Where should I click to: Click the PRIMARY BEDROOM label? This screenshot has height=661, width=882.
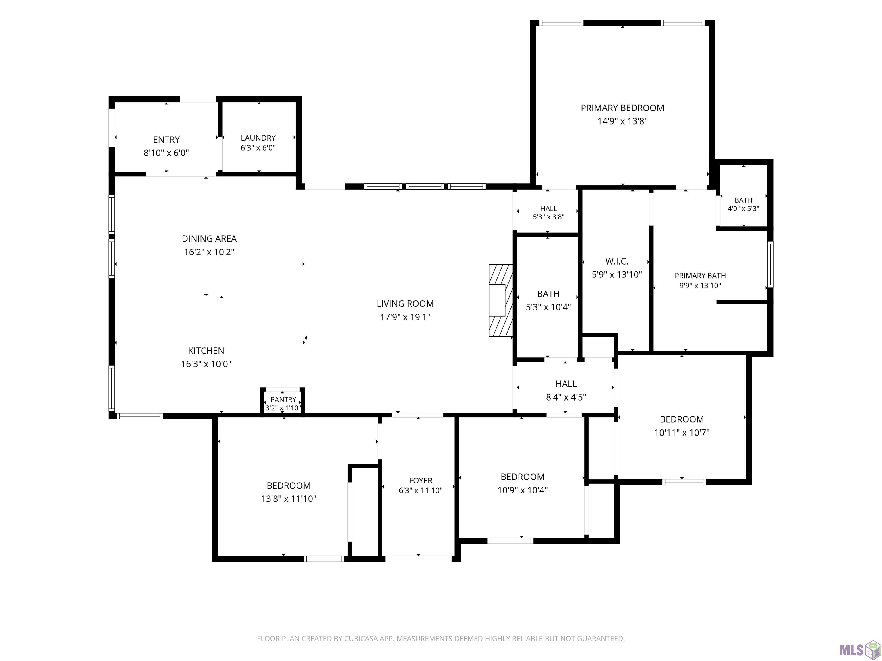622,108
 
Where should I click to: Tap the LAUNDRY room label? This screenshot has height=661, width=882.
258,138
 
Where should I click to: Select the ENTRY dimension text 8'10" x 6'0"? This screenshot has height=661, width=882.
166,153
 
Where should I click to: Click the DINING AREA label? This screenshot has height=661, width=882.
209,239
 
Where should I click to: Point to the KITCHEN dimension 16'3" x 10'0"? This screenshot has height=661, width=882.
206,364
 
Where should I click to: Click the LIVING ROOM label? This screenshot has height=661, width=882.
405,304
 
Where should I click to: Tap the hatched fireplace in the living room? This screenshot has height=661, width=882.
501,300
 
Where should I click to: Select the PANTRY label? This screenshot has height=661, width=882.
283,400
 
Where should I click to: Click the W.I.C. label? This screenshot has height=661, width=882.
617,261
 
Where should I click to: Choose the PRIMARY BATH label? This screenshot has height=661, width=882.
700,276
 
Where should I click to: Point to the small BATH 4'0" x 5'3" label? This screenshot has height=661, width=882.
743,204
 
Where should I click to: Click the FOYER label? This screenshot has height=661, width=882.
421,481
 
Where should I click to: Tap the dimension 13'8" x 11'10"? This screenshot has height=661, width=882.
289,499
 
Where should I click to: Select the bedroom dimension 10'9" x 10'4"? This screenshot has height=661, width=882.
522,490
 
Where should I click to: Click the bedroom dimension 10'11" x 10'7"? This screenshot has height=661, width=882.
682,432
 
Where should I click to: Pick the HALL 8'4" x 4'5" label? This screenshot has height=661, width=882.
566,390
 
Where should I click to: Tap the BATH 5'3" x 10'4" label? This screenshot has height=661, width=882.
548,300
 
